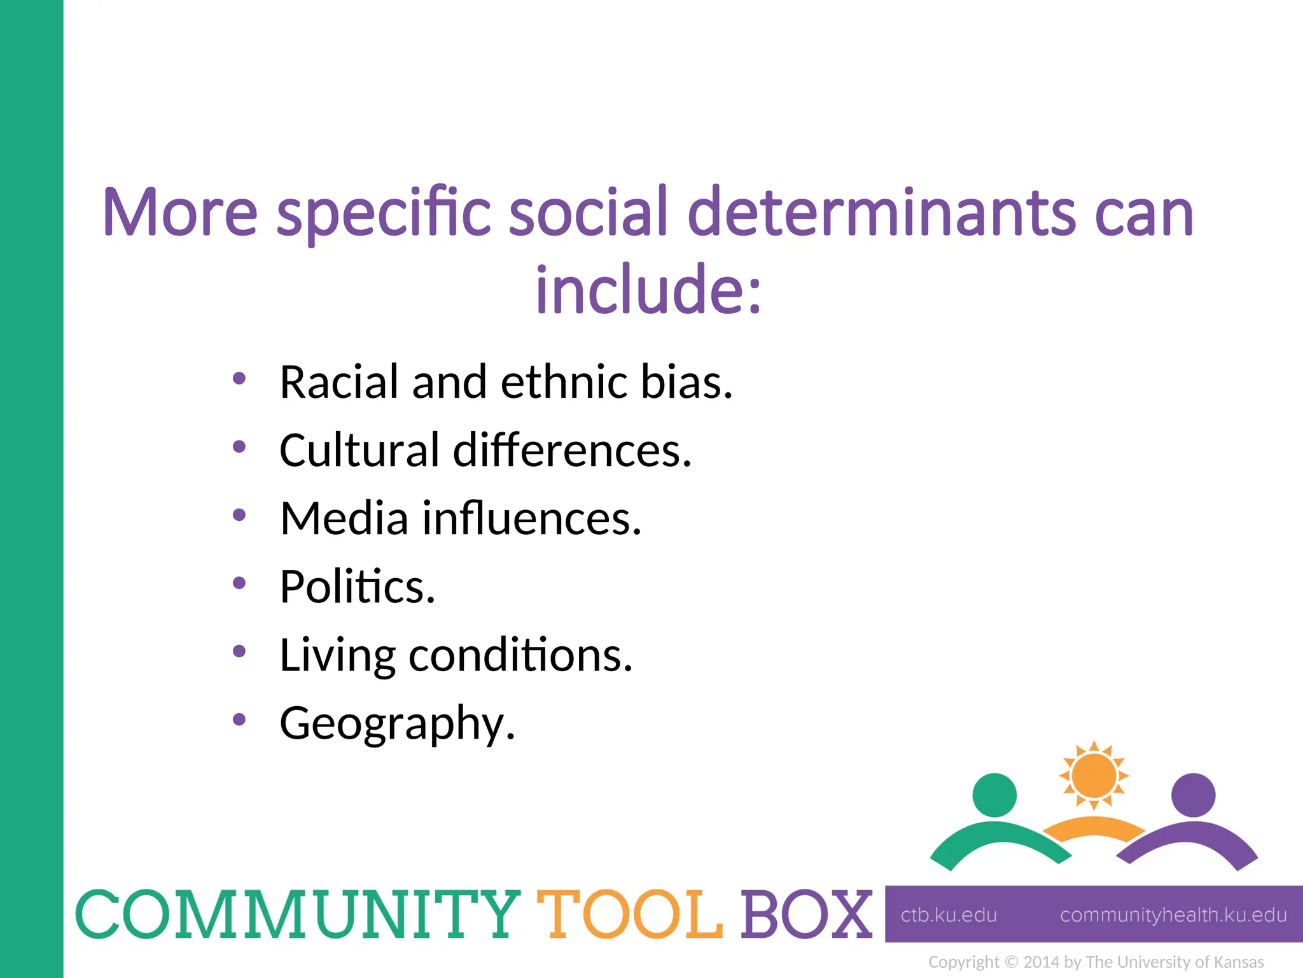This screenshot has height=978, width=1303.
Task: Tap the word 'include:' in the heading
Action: click(x=648, y=290)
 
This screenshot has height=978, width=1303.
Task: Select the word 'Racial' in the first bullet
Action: click(x=339, y=382)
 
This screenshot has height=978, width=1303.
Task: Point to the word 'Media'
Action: click(x=344, y=518)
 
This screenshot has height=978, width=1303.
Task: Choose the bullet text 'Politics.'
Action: click(x=357, y=586)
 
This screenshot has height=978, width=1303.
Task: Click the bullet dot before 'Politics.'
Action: click(x=239, y=583)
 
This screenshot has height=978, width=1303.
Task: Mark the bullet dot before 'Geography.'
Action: click(x=239, y=719)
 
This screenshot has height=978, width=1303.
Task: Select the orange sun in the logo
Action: click(x=1094, y=776)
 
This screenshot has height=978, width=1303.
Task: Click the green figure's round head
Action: click(x=994, y=795)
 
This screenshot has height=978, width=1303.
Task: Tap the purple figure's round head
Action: click(x=1193, y=795)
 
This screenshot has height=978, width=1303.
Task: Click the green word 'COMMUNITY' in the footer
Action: click(x=298, y=914)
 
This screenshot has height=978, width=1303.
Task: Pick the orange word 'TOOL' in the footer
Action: click(x=630, y=914)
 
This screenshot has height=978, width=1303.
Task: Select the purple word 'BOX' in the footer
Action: click(x=806, y=914)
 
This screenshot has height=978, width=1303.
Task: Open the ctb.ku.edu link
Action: click(x=949, y=915)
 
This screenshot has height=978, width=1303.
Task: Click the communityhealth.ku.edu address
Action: click(x=1173, y=915)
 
